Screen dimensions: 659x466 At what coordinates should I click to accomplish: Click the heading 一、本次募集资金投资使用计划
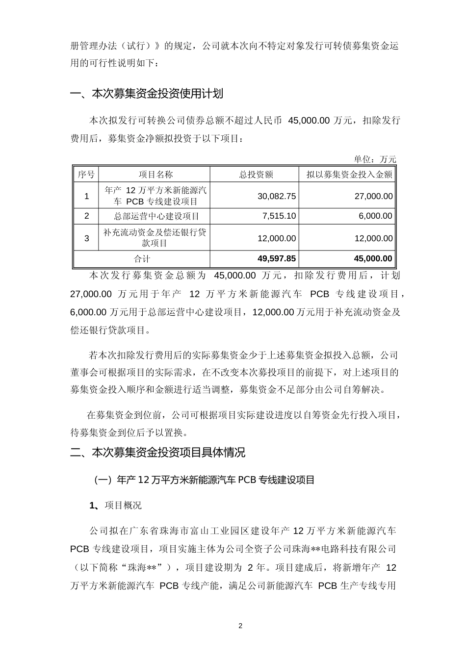(147, 94)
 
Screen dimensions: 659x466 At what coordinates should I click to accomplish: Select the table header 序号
(86, 175)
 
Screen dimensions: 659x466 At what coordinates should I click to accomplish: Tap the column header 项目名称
(155, 175)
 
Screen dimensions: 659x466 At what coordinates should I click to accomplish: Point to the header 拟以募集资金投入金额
(349, 175)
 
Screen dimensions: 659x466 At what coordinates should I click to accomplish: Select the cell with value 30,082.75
(277, 196)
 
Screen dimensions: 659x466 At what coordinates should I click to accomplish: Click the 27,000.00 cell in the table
(373, 196)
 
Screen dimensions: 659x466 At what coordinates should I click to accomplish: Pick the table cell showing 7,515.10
(279, 216)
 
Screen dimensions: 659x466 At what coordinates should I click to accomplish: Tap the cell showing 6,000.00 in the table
(375, 216)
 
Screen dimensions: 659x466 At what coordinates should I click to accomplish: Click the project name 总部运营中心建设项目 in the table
(156, 216)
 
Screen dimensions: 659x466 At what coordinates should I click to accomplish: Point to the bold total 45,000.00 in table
(373, 258)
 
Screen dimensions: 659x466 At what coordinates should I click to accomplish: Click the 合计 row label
(142, 258)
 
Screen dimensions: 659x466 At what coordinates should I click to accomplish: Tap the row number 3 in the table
(87, 238)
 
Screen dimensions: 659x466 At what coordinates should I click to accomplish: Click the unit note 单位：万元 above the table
(375, 159)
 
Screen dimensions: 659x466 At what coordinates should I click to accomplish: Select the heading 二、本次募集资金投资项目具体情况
(157, 453)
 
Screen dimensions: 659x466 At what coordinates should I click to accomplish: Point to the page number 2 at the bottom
(240, 626)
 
